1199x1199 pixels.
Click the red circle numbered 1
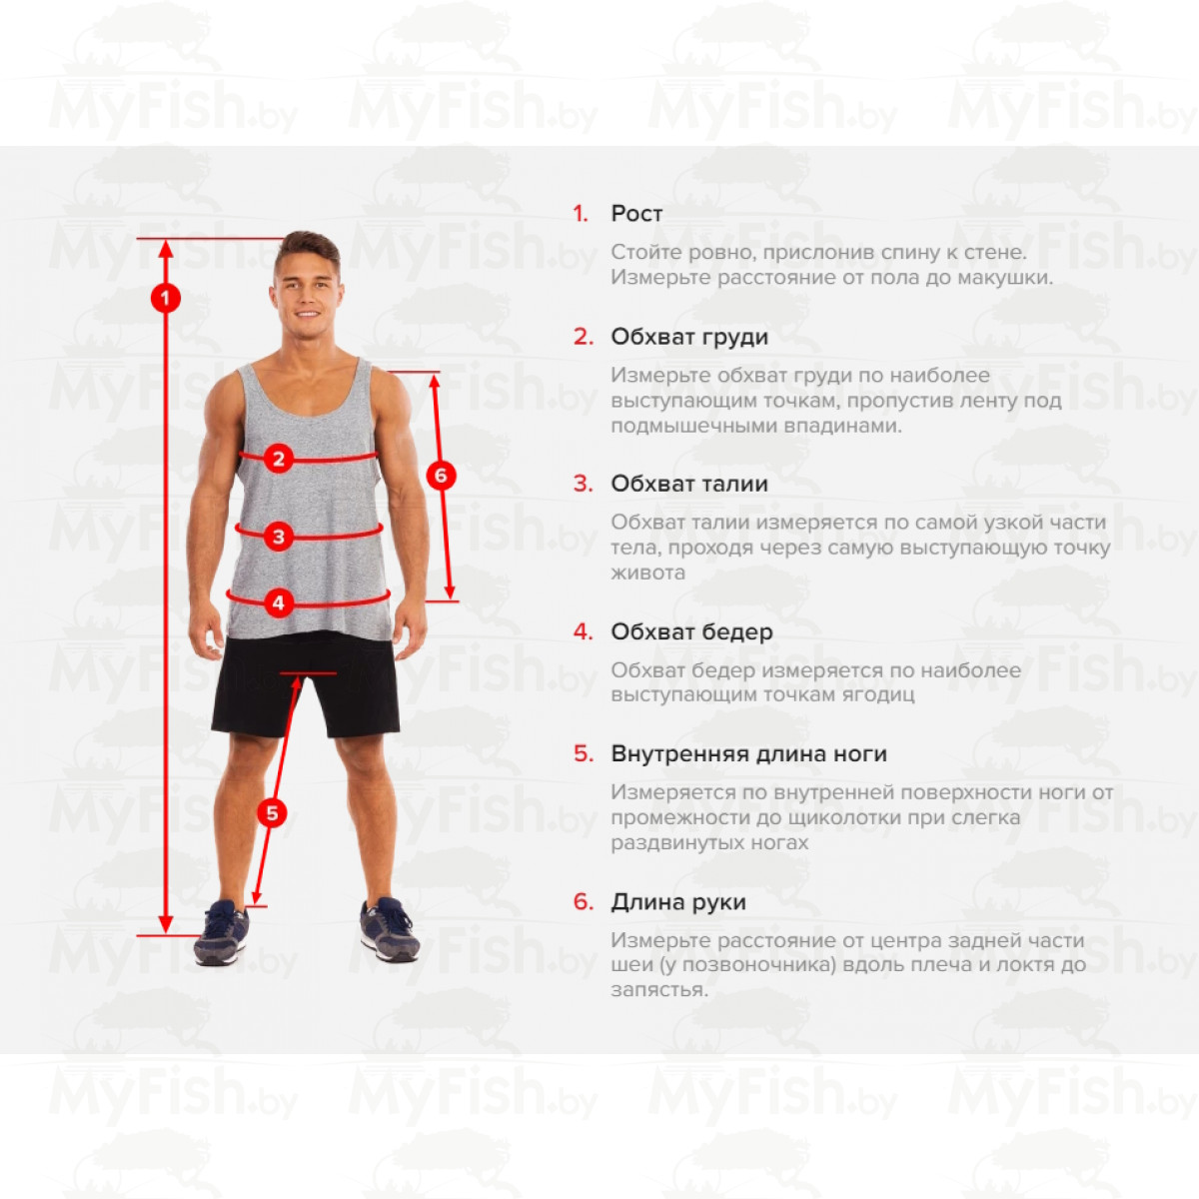(166, 299)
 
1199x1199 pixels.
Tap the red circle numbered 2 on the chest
(279, 459)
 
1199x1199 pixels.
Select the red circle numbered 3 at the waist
(279, 537)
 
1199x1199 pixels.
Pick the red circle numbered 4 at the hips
(279, 602)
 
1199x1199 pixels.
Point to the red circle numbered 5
(273, 813)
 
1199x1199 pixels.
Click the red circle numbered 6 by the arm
(442, 476)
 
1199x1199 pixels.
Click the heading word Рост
(636, 214)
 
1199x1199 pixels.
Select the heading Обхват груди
(689, 337)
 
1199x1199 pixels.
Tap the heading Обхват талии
(689, 484)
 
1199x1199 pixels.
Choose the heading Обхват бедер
(691, 631)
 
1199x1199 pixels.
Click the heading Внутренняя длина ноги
(749, 753)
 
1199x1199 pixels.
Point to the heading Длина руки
(678, 901)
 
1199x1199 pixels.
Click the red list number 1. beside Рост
(581, 214)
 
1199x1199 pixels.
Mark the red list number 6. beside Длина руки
(584, 901)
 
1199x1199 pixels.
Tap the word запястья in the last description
(659, 990)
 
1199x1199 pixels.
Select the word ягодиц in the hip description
(878, 695)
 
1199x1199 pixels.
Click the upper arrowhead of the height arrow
(166, 248)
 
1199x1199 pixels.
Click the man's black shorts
(306, 684)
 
